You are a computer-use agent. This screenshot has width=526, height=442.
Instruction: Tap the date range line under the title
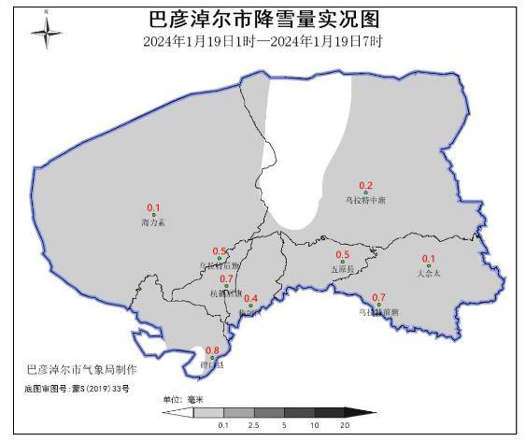point(263,42)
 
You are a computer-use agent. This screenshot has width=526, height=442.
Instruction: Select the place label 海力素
point(152,223)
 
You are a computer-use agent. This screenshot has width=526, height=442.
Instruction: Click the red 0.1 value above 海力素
point(154,207)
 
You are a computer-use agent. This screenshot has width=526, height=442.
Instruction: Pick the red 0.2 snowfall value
point(366,185)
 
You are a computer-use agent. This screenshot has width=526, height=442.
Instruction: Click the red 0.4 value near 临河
point(250,298)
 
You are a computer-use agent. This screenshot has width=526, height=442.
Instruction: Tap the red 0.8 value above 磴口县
point(212,350)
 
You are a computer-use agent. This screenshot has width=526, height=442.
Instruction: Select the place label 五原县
point(343,269)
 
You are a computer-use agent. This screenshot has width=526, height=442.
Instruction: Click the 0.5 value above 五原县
point(343,255)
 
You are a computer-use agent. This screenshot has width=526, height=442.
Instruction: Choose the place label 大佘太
point(429,274)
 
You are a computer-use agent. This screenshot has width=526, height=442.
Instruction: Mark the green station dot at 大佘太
point(429,266)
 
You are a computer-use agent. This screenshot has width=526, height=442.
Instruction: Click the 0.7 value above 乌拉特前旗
point(378,297)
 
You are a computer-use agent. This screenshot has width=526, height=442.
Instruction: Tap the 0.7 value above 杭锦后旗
point(226,278)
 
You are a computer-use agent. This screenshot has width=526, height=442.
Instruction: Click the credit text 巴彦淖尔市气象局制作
point(82,370)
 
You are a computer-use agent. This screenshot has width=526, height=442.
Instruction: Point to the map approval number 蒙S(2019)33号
point(78,387)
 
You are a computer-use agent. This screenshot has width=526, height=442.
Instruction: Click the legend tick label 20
point(346,425)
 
